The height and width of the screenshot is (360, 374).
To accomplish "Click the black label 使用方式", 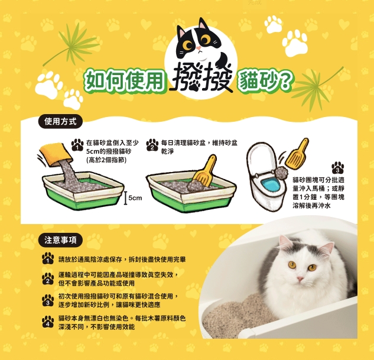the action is click(x=60, y=121).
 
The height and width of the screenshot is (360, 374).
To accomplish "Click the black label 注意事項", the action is click(x=60, y=240).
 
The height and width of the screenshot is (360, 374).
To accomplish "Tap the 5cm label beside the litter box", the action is click(x=135, y=198).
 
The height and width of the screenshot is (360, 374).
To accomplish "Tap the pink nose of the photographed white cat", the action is click(x=300, y=278).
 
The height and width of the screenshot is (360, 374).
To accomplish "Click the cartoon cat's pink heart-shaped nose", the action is click(x=199, y=48).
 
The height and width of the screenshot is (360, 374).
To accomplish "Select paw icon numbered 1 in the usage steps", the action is click(x=77, y=145).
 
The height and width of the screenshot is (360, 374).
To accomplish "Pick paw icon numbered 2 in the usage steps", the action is click(x=152, y=145).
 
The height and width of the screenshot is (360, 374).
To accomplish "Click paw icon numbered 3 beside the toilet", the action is click(x=337, y=168).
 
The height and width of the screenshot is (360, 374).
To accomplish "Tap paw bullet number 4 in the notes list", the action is click(x=48, y=322).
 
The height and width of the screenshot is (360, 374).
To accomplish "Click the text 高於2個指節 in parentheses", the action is click(x=106, y=160).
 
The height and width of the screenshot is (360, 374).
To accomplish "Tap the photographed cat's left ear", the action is click(x=285, y=243).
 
